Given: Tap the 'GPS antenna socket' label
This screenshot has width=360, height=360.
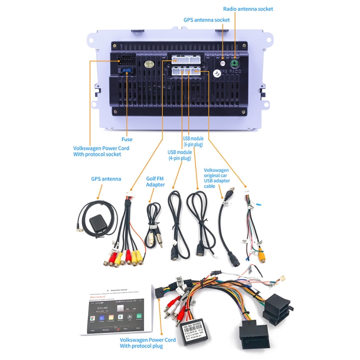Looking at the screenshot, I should click(206, 20).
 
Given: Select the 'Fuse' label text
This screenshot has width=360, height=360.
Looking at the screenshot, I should click(127, 139).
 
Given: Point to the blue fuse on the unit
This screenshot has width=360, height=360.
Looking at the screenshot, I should click(127, 72).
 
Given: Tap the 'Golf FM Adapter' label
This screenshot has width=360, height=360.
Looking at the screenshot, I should click(155, 181).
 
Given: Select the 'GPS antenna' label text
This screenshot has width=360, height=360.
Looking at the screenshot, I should click(106, 179).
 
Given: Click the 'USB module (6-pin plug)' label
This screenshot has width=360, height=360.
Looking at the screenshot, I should click(193, 142).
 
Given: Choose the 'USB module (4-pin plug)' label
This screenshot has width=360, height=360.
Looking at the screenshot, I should click(180, 155).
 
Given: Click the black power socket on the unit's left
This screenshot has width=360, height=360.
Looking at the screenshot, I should click(126, 61).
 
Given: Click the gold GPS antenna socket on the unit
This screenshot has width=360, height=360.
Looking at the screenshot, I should click(223, 63).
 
